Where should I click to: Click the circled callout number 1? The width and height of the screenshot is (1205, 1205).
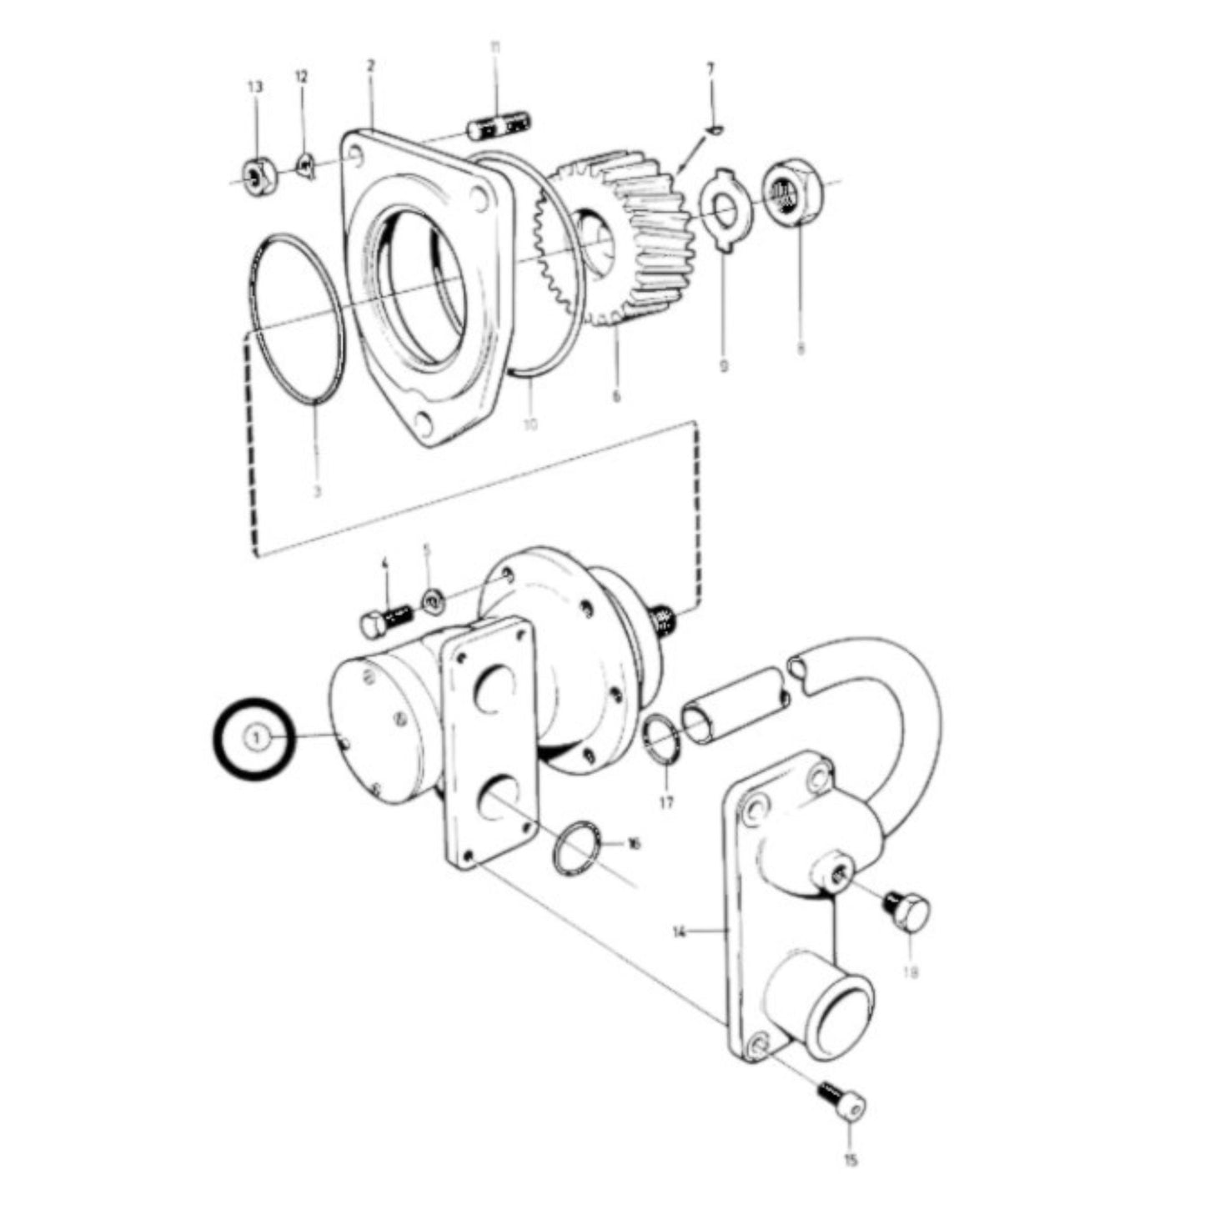pyautogui.click(x=257, y=738)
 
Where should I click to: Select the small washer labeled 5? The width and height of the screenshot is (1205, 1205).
pyautogui.click(x=431, y=600)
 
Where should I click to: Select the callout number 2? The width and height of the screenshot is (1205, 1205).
pyautogui.click(x=371, y=64)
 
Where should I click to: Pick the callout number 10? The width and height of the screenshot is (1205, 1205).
pyautogui.click(x=530, y=424)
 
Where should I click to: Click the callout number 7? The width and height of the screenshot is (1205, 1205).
pyautogui.click(x=710, y=68)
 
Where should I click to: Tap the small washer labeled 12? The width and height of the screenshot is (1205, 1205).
pyautogui.click(x=305, y=168)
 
